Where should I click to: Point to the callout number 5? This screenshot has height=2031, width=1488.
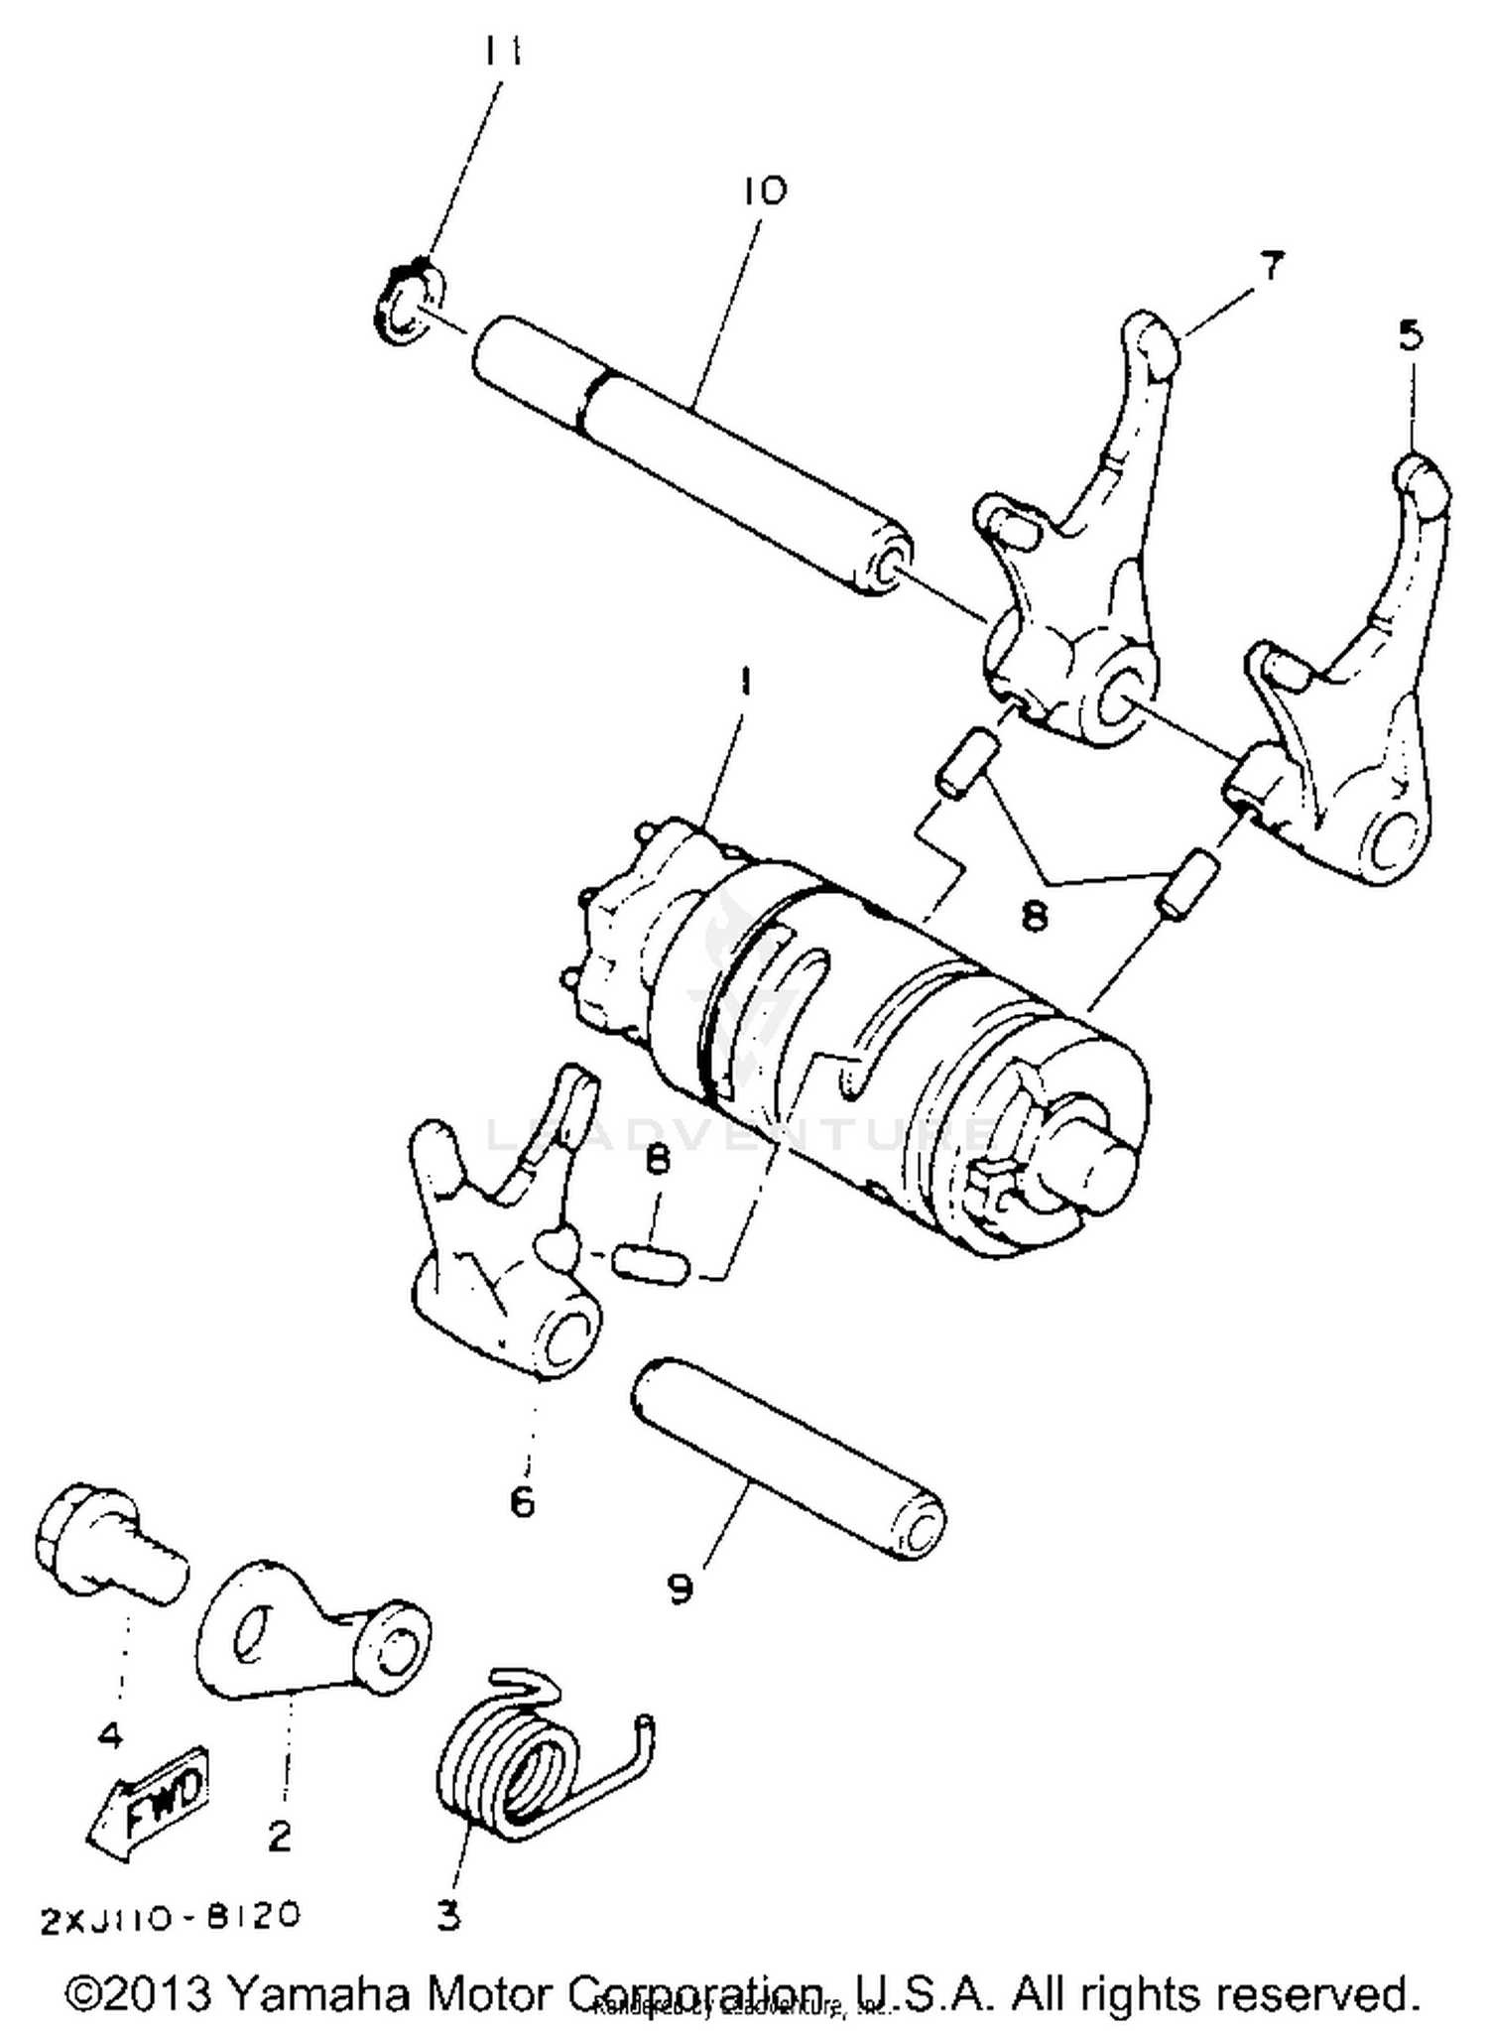coord(1411,336)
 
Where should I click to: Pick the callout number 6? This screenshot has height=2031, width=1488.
coord(522,1501)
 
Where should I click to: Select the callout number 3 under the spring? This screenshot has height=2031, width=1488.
coord(449,1915)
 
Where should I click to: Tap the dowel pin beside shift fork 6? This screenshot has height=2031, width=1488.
coord(651,1265)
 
